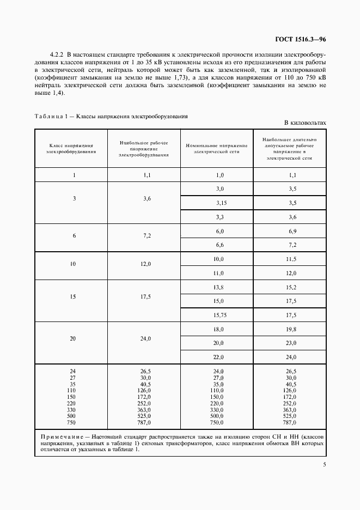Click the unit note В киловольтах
tap(305, 124)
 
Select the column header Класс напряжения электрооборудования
tap(71, 149)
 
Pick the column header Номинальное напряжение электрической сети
tap(217, 149)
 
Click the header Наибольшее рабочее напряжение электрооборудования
tap(144, 148)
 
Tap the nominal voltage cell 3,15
tap(220, 203)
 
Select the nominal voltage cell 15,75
tap(220, 315)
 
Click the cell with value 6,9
tap(292, 231)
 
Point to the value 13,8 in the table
tap(219, 287)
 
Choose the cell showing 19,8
tap(292, 329)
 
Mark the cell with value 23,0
tap(292, 343)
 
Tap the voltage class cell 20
tap(72, 338)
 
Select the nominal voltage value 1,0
tap(220, 175)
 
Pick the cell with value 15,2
tap(292, 287)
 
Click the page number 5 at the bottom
tap(324, 465)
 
